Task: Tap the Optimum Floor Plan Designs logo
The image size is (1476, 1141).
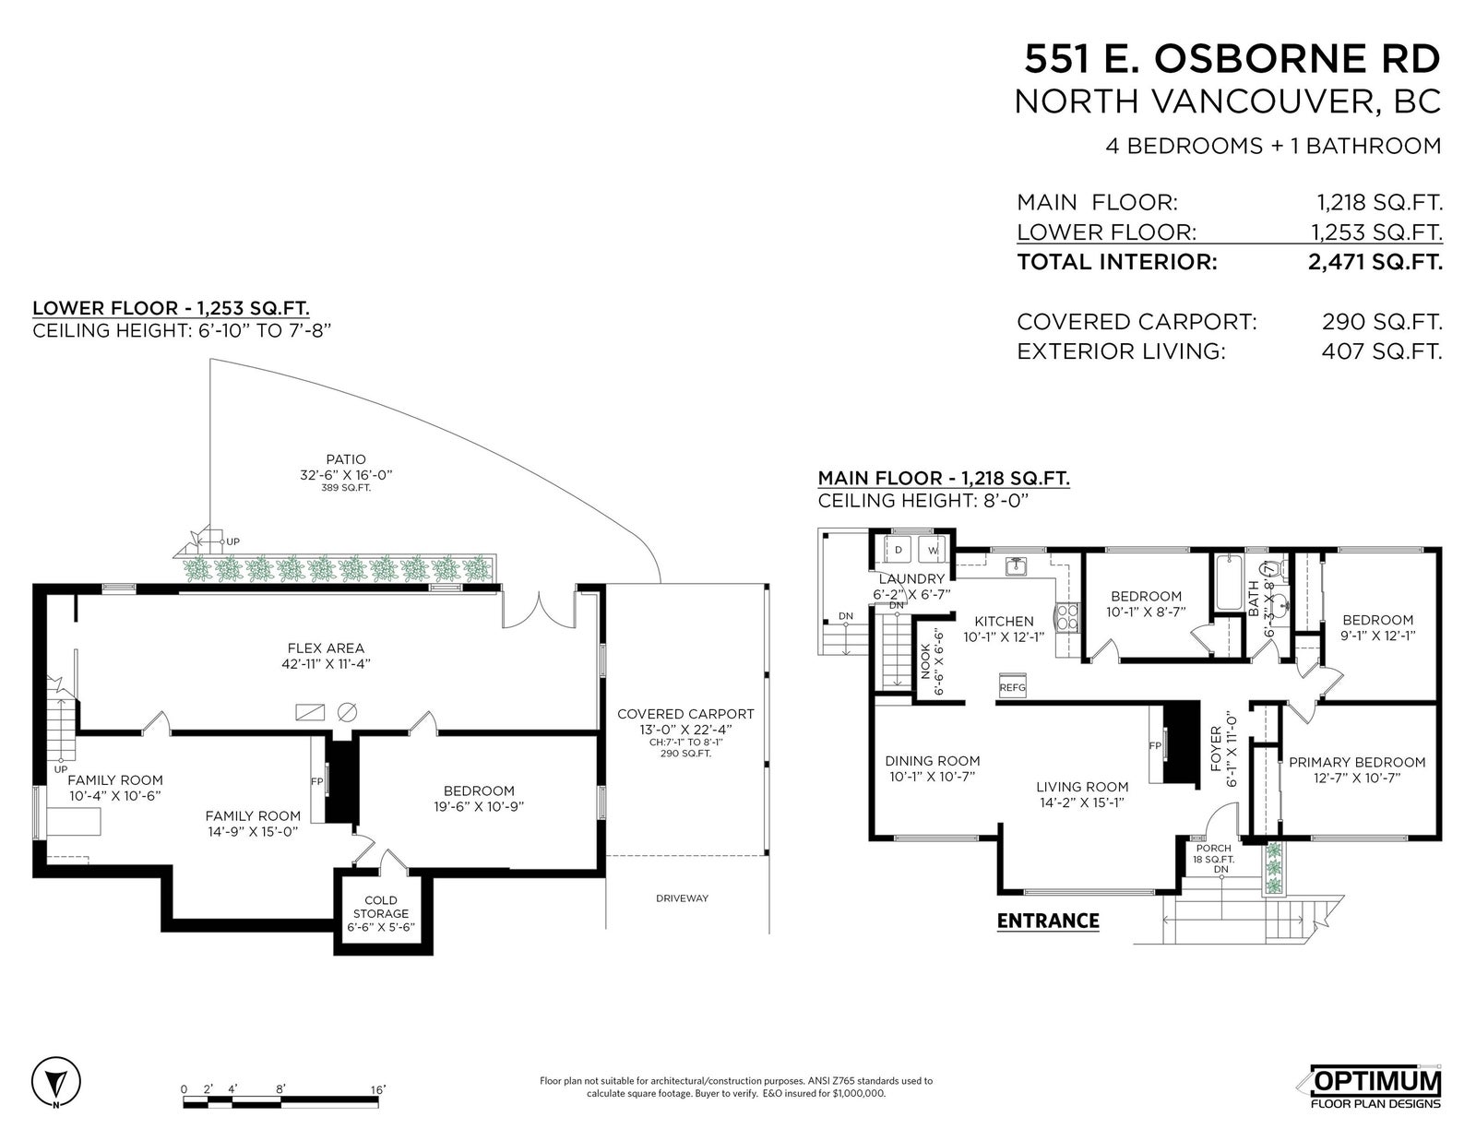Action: tap(1375, 1088)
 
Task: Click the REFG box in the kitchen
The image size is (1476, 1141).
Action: tap(1012, 686)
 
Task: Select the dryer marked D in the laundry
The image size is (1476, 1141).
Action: tap(898, 550)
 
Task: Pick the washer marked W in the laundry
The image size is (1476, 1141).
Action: tap(933, 550)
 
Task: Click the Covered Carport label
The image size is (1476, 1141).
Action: tap(685, 714)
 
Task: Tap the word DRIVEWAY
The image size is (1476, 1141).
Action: tap(682, 898)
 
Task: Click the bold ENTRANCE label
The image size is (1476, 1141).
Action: tap(1048, 921)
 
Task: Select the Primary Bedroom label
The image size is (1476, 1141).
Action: tap(1357, 762)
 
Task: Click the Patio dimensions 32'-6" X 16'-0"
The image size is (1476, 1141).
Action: tap(347, 475)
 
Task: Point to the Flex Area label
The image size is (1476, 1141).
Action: tap(326, 648)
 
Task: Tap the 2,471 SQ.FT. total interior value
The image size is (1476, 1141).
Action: tap(1375, 261)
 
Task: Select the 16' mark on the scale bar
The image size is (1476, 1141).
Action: tap(378, 1089)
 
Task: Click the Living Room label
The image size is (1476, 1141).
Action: tap(1082, 787)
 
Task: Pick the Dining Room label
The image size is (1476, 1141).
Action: tap(933, 761)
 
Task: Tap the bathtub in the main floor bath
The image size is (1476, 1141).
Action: tap(1229, 583)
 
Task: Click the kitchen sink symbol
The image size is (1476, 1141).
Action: tap(1017, 565)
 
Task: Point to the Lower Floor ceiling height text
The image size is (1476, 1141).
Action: tap(182, 331)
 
